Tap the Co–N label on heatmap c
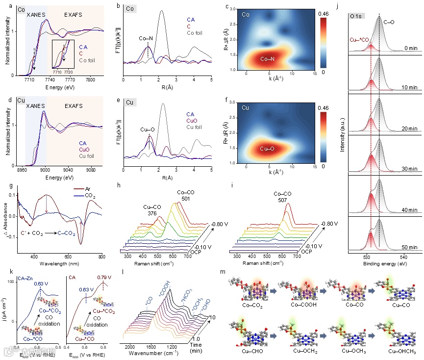coord(267,59)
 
